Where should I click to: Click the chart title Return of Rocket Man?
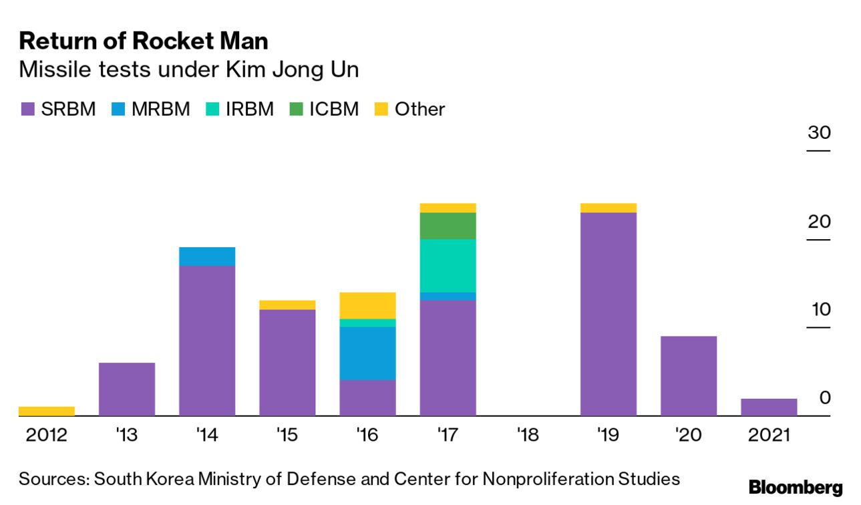pos(144,41)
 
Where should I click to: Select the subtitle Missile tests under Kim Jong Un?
pos(189,69)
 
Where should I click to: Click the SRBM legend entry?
pos(58,109)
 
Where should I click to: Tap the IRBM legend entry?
pos(240,109)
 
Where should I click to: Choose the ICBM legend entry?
pos(325,109)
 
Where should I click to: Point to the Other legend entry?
pos(411,109)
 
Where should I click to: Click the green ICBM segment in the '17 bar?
pos(448,226)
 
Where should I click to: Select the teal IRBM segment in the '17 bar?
pos(448,265)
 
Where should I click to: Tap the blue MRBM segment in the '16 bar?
pos(367,353)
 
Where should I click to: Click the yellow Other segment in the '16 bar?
pos(367,305)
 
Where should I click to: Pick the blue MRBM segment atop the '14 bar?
pos(207,257)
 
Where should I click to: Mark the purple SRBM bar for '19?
pos(608,314)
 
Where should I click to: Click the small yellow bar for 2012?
pos(47,411)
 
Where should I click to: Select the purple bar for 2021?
pos(769,407)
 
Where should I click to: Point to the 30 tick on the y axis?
pos(819,132)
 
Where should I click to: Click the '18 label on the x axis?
pos(528,436)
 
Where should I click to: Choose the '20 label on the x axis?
pos(688,436)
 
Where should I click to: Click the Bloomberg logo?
pos(796,488)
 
